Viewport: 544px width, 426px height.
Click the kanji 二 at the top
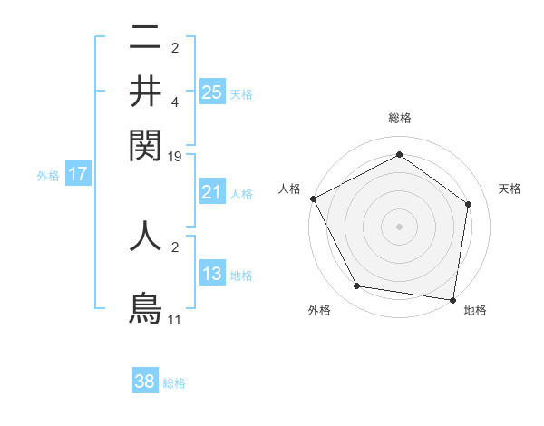(146, 39)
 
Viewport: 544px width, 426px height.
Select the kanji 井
(146, 90)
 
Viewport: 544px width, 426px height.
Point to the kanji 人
(146, 234)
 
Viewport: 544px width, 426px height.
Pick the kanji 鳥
(146, 306)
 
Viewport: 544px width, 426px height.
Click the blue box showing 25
(212, 92)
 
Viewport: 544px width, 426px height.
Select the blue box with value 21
(212, 192)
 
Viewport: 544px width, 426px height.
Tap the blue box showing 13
(212, 274)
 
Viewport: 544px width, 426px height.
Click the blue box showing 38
(145, 382)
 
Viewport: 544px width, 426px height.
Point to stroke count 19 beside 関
(176, 157)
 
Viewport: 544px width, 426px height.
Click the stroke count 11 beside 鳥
(175, 320)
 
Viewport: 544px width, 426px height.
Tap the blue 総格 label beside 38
(174, 383)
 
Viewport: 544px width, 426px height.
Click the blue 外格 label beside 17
(47, 176)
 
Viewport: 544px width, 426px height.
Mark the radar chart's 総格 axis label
(399, 118)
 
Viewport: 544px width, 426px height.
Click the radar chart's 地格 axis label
(475, 310)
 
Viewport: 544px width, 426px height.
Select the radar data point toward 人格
(314, 198)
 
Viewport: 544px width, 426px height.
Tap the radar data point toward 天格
(468, 204)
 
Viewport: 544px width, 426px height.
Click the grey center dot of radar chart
(399, 227)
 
